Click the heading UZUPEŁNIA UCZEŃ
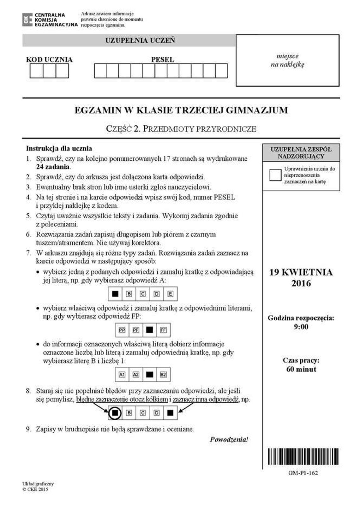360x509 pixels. tap(140, 41)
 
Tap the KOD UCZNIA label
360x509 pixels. tap(49, 60)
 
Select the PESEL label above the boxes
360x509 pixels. tap(162, 60)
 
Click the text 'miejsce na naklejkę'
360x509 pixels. tap(287, 60)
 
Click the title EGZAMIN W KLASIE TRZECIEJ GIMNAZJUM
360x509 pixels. tap(181, 110)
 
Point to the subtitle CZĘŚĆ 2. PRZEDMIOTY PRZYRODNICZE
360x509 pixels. tap(181, 129)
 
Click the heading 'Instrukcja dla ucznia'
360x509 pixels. tap(59, 148)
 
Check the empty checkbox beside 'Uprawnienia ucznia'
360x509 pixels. tap(275, 175)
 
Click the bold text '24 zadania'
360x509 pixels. tap(53, 167)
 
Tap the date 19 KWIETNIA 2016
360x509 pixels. tap(301, 277)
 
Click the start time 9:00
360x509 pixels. tap(301, 327)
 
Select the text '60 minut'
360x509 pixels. tap(301, 369)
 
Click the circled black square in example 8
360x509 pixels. tap(115, 413)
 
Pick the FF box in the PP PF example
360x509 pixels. tap(164, 330)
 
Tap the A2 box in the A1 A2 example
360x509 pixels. tap(136, 375)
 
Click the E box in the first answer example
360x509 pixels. tap(171, 294)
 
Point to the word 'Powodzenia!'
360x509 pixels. tap(229, 439)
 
